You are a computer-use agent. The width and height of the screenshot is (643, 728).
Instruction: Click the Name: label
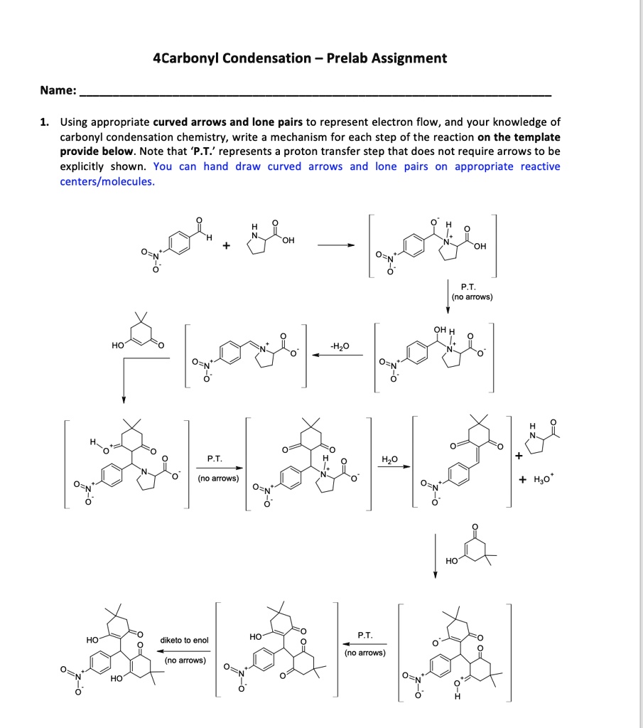pyautogui.click(x=58, y=90)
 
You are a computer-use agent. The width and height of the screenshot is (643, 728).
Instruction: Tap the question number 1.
pyautogui.click(x=45, y=122)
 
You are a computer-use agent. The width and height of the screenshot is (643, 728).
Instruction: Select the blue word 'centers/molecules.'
pyautogui.click(x=107, y=181)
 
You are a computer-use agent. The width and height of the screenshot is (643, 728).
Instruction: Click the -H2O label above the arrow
pyautogui.click(x=340, y=346)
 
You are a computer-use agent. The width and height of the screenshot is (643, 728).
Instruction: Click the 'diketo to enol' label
pyautogui.click(x=184, y=641)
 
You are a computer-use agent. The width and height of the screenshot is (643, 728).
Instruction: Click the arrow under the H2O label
pyautogui.click(x=396, y=467)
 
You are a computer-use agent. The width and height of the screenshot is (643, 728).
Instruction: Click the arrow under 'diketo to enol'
pyautogui.click(x=184, y=650)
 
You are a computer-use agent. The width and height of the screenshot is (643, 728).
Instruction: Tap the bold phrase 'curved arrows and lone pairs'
pyautogui.click(x=227, y=122)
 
